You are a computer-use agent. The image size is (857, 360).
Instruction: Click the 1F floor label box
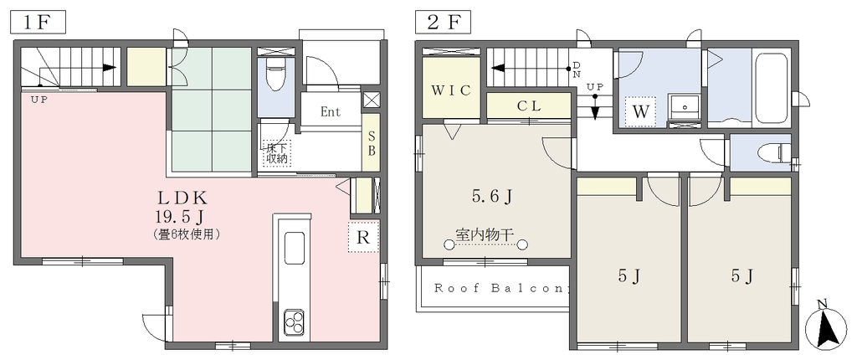(38, 23)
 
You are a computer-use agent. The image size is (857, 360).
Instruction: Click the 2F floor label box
(444, 23)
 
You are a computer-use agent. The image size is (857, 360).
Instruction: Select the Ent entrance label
(331, 112)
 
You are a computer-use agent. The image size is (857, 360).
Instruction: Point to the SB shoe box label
(371, 143)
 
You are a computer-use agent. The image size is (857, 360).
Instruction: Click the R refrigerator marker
(363, 238)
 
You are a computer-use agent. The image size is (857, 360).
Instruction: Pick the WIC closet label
(450, 90)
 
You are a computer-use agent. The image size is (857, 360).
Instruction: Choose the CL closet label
(529, 106)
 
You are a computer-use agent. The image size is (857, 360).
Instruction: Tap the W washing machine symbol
(640, 112)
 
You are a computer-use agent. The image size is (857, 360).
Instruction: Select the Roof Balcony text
(502, 288)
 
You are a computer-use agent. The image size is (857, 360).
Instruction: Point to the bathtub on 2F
(772, 90)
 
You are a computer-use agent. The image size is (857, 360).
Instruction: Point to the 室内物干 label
(485, 235)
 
